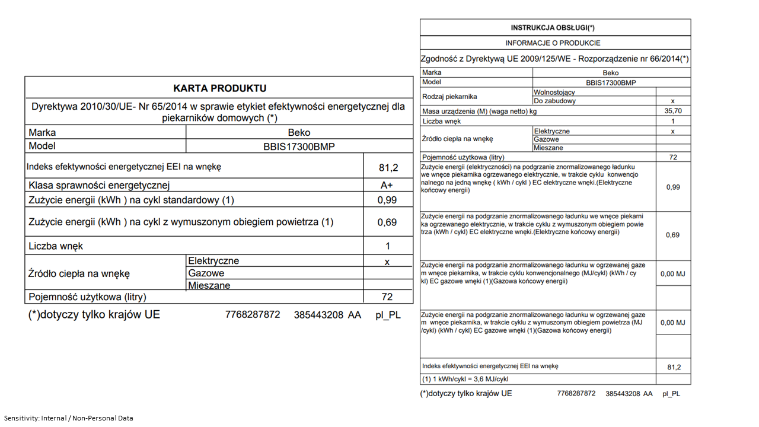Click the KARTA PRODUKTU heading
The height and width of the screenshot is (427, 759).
(219, 88)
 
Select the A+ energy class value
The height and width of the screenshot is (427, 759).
(387, 185)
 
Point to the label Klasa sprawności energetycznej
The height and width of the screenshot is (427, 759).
(99, 185)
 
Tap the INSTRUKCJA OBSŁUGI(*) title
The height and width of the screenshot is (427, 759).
(553, 28)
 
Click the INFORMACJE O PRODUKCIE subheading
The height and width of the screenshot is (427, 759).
(553, 43)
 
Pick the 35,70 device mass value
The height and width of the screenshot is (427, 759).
(673, 111)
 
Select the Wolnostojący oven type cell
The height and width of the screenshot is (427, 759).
(554, 92)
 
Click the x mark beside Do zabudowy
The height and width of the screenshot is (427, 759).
(672, 101)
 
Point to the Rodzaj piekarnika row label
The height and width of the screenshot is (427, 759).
(449, 97)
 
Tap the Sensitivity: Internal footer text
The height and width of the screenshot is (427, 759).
(69, 418)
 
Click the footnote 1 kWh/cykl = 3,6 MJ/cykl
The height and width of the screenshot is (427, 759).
(465, 379)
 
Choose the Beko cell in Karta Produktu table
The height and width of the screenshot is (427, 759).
(299, 133)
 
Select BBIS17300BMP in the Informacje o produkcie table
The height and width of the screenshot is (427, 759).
(611, 82)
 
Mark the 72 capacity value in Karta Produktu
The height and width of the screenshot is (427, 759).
(387, 297)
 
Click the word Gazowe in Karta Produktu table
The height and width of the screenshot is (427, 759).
(206, 273)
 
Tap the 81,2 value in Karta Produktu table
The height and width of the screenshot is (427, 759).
(388, 168)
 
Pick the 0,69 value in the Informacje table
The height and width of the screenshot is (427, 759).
(672, 235)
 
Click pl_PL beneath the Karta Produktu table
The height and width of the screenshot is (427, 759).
(388, 315)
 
